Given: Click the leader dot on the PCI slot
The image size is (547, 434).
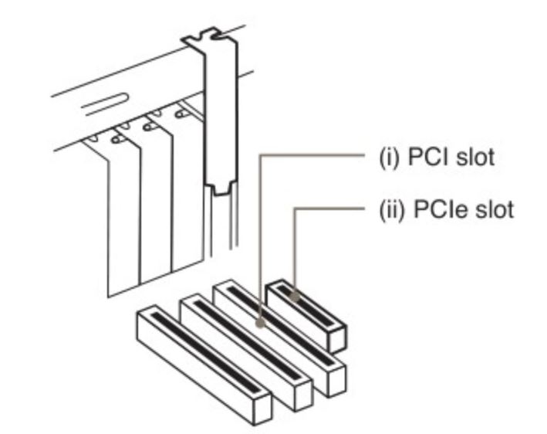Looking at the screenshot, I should [261, 324].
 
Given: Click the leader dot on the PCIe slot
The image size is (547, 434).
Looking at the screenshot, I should [294, 295].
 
